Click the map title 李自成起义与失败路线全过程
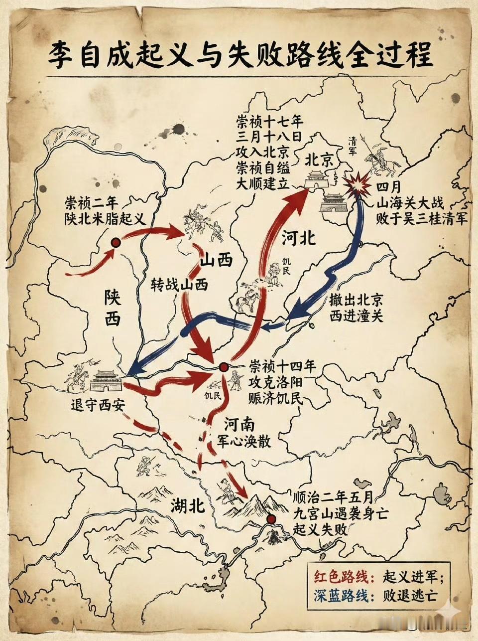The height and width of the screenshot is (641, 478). click(x=239, y=55)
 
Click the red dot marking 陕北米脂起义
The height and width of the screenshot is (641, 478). click(x=116, y=243)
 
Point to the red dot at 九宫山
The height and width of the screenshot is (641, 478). click(x=271, y=519)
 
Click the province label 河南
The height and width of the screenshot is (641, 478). click(x=239, y=425)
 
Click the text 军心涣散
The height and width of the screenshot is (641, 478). click(x=244, y=441)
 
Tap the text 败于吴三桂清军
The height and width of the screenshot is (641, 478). click(x=421, y=218)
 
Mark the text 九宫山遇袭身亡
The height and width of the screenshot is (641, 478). click(x=340, y=513)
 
